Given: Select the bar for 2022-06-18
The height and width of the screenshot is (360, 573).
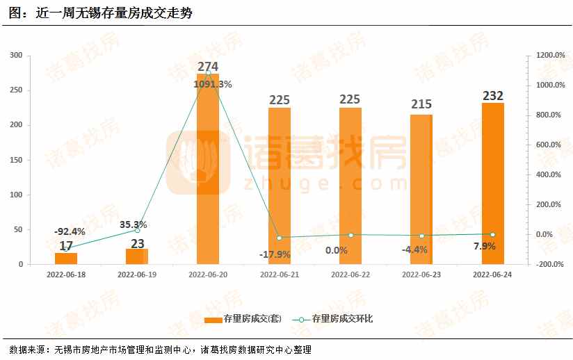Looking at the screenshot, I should point(66,259).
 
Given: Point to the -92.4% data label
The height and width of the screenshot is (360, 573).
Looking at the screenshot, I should point(70,231).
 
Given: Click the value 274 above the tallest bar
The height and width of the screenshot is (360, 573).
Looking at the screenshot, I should point(208,67).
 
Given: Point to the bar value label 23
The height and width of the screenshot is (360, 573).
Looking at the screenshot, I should point(137,244).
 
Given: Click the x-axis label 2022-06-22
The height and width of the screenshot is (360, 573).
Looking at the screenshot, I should point(350,275).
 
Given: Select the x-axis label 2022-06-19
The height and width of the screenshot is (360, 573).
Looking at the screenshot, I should point(137,275).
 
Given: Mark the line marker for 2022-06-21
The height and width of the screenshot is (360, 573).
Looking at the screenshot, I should point(280,238).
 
